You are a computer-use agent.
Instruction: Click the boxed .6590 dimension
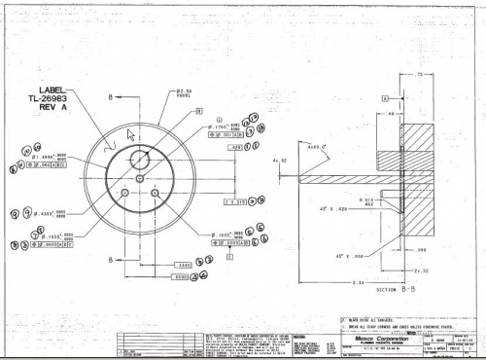tap(180, 276)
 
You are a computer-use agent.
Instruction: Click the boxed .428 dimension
tap(235, 147)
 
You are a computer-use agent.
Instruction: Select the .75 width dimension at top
tap(419, 75)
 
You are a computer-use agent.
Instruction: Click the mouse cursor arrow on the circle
tap(131, 133)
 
